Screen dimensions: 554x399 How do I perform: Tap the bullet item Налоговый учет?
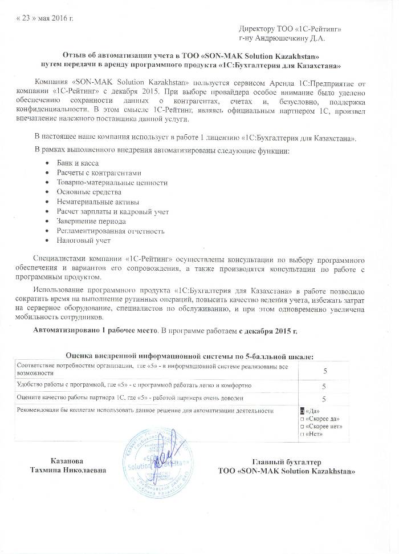(x=83, y=241)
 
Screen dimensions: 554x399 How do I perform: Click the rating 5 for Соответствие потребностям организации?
(x=324, y=371)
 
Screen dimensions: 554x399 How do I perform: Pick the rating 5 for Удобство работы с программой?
(x=324, y=387)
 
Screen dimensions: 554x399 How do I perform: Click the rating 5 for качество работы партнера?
(x=324, y=399)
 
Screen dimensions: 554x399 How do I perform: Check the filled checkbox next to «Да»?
(x=302, y=411)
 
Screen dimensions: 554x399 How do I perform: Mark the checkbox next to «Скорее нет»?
(x=302, y=426)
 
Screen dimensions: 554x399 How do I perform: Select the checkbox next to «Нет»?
(x=302, y=434)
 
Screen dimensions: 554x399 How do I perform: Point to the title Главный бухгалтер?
(x=287, y=461)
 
